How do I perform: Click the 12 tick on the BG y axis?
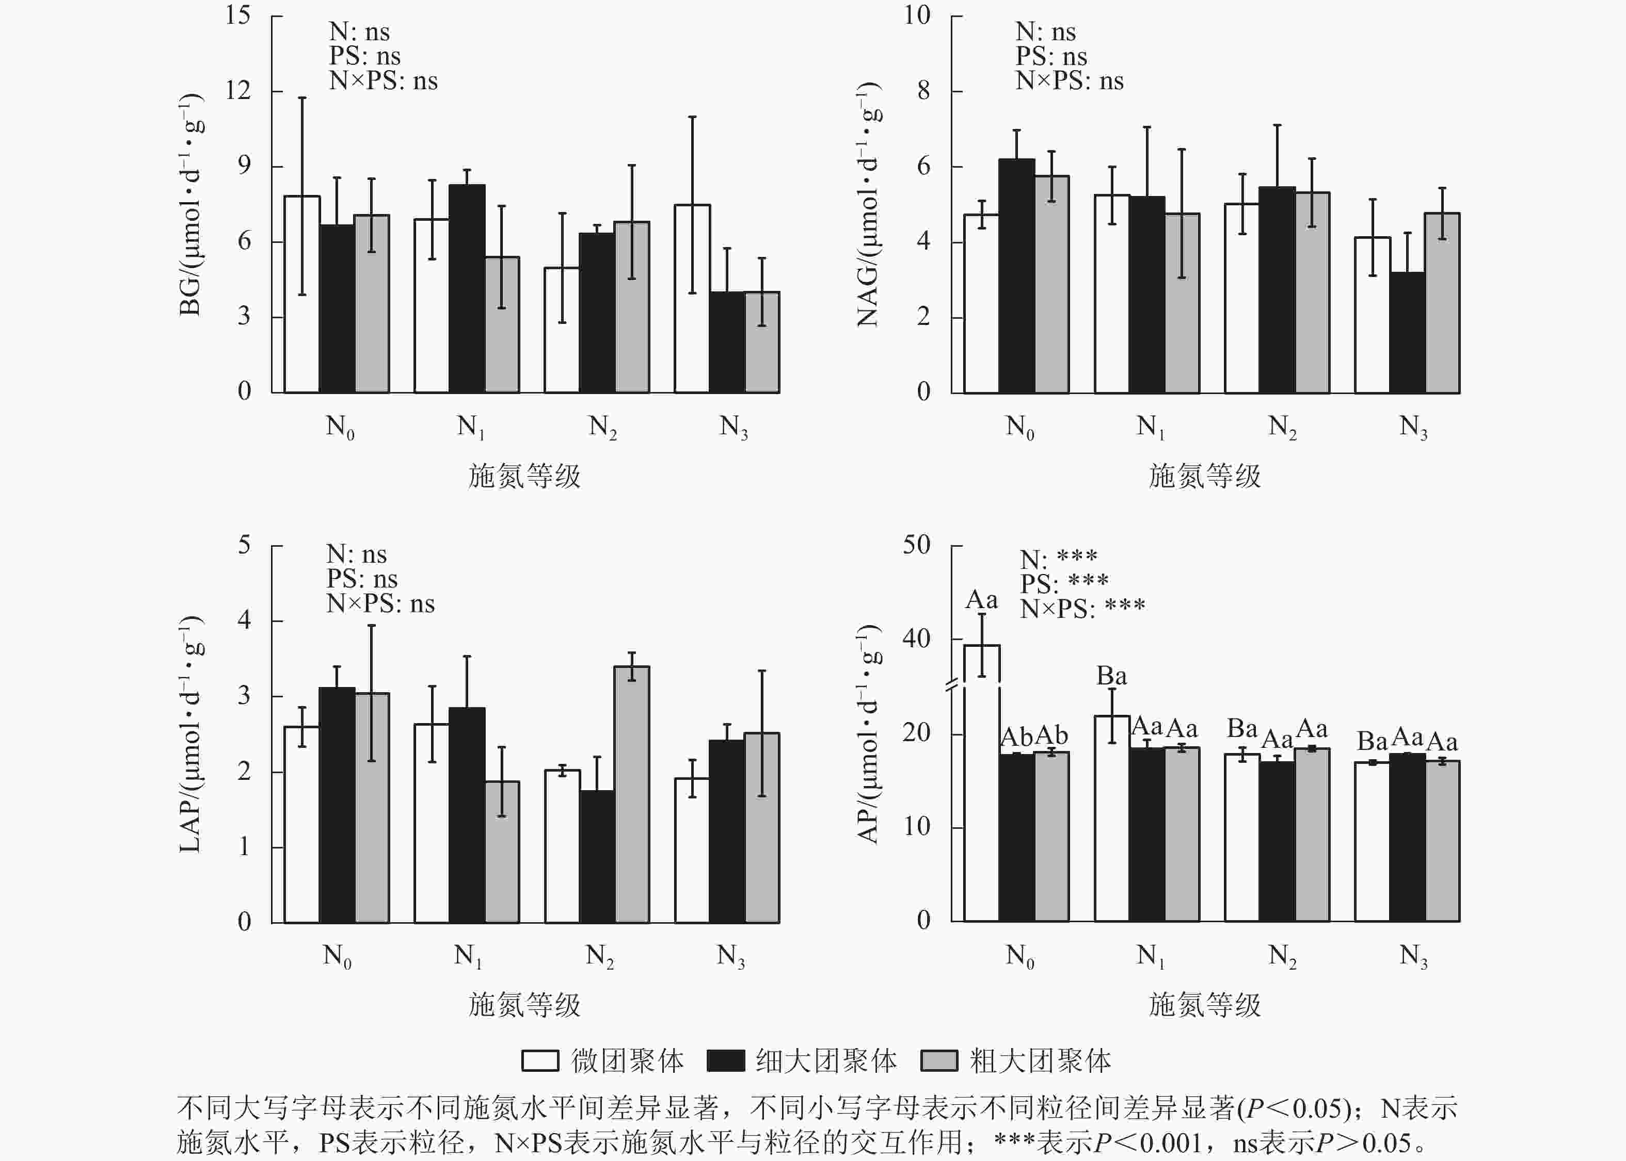[x=238, y=91]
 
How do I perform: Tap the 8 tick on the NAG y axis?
[x=923, y=91]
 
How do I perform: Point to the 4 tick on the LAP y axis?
[x=244, y=620]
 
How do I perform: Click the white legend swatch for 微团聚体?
[x=540, y=1061]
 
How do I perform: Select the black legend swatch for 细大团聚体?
[x=725, y=1061]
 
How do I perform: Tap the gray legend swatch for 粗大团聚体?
[x=938, y=1061]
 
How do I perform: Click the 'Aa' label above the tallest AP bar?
[x=981, y=600]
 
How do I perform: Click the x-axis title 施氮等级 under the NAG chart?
[x=1205, y=476]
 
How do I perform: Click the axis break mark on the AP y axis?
[x=952, y=687]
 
